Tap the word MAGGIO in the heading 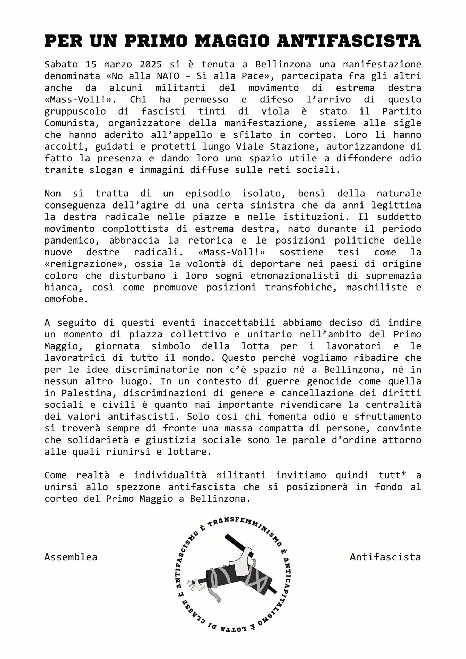232,41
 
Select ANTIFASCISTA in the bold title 349,41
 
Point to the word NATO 168,76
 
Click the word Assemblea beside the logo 71,557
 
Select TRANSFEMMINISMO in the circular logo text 244,527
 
